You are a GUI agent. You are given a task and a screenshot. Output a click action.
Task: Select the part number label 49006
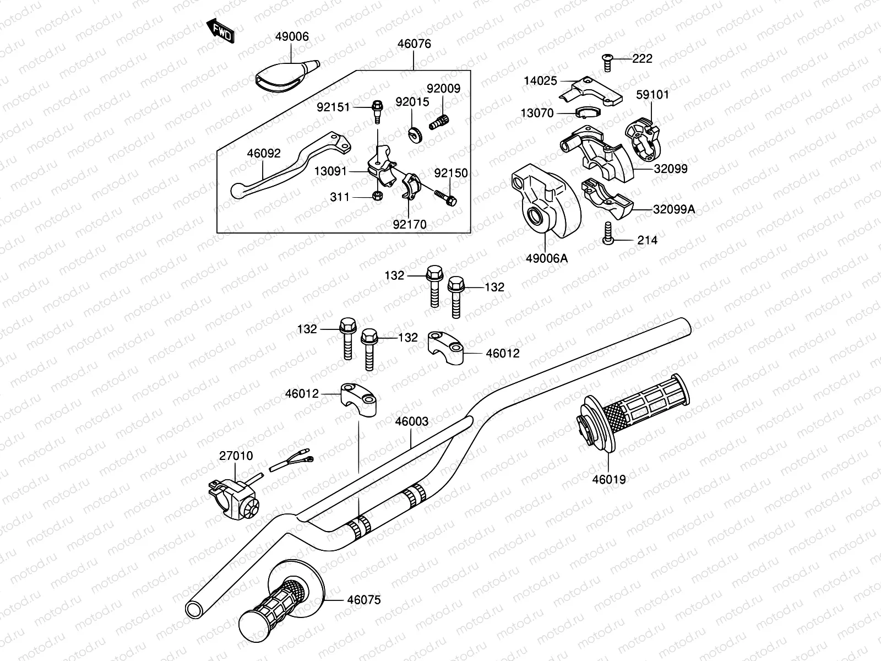click(292, 37)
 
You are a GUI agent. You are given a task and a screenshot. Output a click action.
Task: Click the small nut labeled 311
click(377, 196)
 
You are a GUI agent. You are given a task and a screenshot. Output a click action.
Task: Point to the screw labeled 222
click(607, 62)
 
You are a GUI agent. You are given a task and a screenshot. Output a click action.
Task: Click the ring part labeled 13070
click(588, 113)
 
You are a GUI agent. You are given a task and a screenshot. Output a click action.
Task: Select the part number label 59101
click(652, 94)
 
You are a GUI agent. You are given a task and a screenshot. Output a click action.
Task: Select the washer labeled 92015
click(414, 134)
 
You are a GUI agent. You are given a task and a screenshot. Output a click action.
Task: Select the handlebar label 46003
click(411, 421)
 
